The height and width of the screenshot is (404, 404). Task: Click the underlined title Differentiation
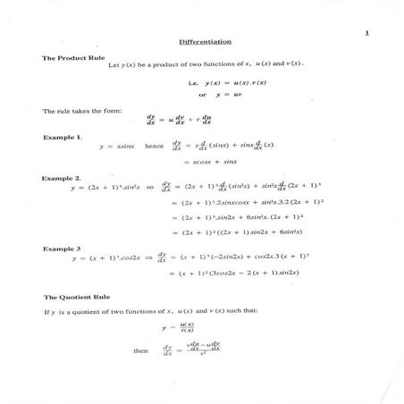click(206, 41)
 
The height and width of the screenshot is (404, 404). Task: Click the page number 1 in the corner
click(366, 33)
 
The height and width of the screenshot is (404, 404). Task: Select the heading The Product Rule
click(67, 57)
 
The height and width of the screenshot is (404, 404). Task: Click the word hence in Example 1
click(154, 146)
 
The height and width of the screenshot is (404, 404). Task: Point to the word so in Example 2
click(148, 189)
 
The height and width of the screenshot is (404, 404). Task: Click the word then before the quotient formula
click(141, 351)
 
